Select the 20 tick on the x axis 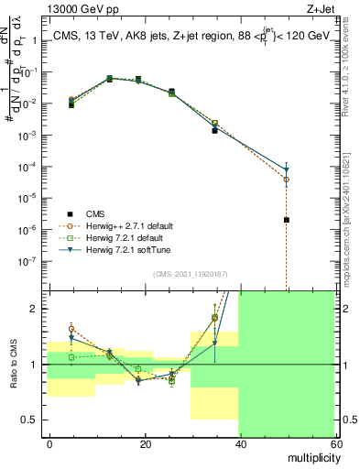[x=145, y=443]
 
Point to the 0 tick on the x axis [x=49, y=443]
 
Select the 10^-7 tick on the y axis [x=29, y=260]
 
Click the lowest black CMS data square [x=287, y=220]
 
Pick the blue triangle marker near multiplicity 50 [x=287, y=170]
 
